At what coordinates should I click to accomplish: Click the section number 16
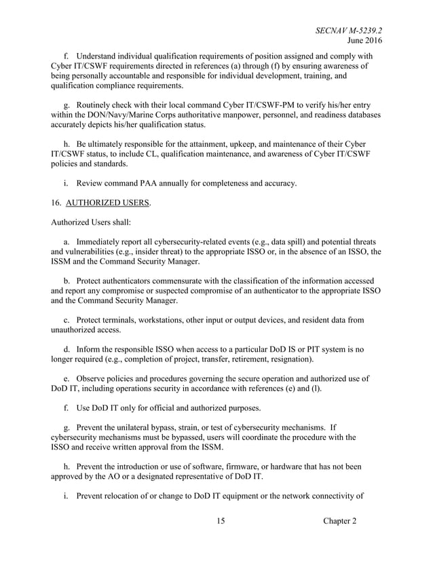coord(57,202)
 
